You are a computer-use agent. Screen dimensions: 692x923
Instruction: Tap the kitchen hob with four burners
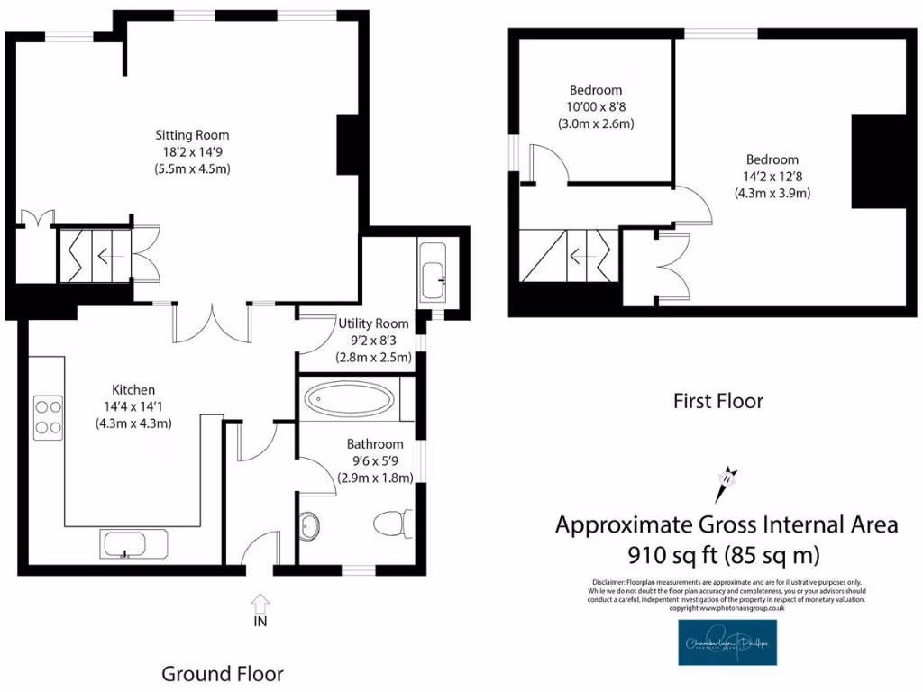pyautogui.click(x=48, y=417)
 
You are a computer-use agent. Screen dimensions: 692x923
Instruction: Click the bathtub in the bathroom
pyautogui.click(x=348, y=399)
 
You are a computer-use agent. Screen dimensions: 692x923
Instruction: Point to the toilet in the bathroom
pyautogui.click(x=393, y=523)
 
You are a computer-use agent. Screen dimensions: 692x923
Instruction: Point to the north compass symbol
pyautogui.click(x=727, y=483)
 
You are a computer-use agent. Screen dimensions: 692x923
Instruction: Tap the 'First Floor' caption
pyautogui.click(x=717, y=401)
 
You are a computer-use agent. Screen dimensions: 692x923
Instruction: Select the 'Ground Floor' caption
pyautogui.click(x=222, y=673)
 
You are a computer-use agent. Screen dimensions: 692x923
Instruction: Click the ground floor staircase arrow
pyautogui.click(x=105, y=255)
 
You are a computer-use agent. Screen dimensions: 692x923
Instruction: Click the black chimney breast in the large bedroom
pyautogui.click(x=878, y=161)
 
